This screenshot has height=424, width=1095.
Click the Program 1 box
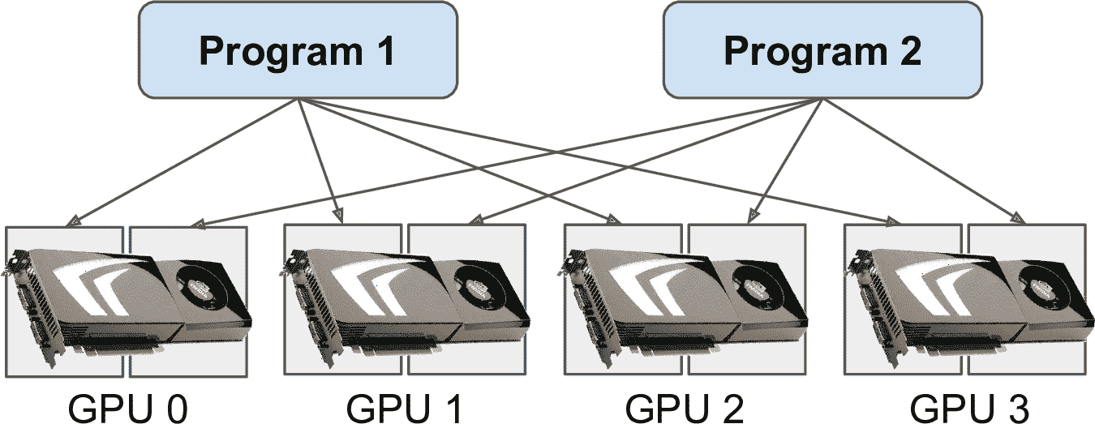[x=297, y=50]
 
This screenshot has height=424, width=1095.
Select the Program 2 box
[x=822, y=50]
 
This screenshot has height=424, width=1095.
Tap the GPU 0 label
[x=127, y=408]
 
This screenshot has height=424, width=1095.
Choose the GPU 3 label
[x=968, y=408]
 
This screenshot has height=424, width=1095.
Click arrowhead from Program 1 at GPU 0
[x=72, y=220]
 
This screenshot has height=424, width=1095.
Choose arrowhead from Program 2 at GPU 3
[x=1016, y=217]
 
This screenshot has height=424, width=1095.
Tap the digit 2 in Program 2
[x=909, y=51]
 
